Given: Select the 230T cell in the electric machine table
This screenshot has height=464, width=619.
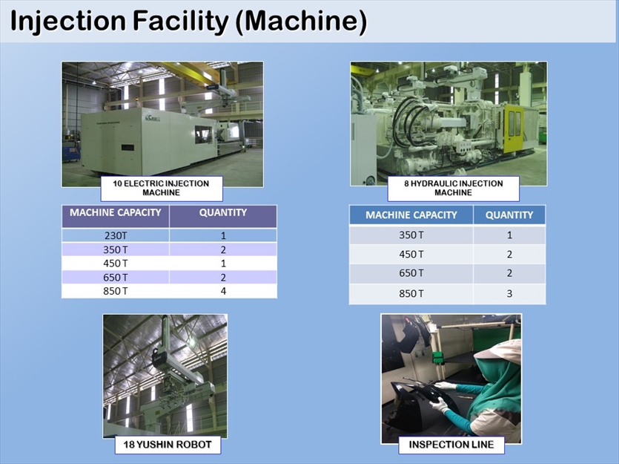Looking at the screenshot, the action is [116, 235].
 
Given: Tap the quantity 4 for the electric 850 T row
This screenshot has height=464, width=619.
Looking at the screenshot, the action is [223, 291].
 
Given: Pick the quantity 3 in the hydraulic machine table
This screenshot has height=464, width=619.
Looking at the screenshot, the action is [509, 294].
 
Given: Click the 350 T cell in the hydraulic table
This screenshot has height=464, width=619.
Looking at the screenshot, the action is [411, 235].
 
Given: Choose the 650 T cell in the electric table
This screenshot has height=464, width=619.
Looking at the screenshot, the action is [116, 278].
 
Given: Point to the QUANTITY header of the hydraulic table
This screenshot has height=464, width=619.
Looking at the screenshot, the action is [509, 215].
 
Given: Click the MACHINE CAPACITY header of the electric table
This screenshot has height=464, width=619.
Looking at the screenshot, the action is [116, 212].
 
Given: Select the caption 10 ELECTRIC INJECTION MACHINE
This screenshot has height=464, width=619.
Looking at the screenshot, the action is [162, 188].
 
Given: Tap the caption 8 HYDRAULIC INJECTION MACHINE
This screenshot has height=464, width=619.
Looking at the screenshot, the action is [453, 188].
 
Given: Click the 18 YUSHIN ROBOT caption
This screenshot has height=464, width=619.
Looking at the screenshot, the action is [168, 445].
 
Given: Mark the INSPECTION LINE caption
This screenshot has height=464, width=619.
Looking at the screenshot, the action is [451, 445].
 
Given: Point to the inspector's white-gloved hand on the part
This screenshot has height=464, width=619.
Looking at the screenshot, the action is [440, 405].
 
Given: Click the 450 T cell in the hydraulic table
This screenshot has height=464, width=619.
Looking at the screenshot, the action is [411, 255].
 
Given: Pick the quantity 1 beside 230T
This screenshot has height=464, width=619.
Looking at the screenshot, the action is [223, 235].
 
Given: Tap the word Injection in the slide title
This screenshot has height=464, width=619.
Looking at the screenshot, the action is [68, 21].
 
